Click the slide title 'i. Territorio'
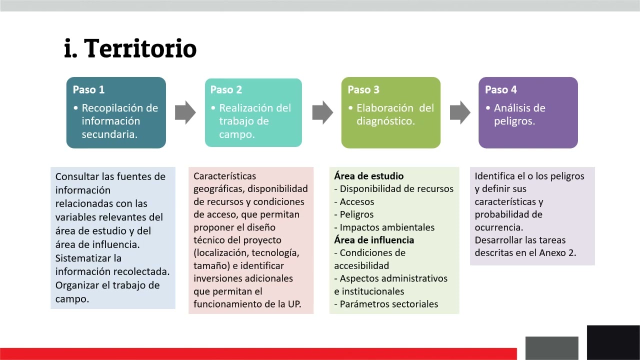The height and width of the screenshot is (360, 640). [x=130, y=48]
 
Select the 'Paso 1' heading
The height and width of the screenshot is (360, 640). [x=88, y=90]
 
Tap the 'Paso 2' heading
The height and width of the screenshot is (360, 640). [x=226, y=90]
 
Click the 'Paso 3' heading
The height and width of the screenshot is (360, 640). [x=363, y=90]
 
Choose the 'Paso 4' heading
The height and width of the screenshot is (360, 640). [x=500, y=90]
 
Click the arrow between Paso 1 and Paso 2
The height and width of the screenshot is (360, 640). [x=185, y=112]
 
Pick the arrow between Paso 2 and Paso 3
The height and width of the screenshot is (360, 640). [x=322, y=112]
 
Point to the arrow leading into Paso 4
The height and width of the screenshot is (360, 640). [x=460, y=112]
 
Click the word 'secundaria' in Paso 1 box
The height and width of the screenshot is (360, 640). [x=109, y=134]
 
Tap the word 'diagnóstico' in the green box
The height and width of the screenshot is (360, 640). [x=385, y=121]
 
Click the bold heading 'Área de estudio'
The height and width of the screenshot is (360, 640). [x=368, y=176]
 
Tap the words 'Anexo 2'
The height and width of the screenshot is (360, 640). [x=557, y=252]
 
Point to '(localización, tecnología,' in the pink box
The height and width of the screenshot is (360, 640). [x=246, y=253]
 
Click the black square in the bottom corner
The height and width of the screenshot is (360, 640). [x=613, y=342]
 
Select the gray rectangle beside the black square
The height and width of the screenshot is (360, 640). [x=551, y=348]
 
